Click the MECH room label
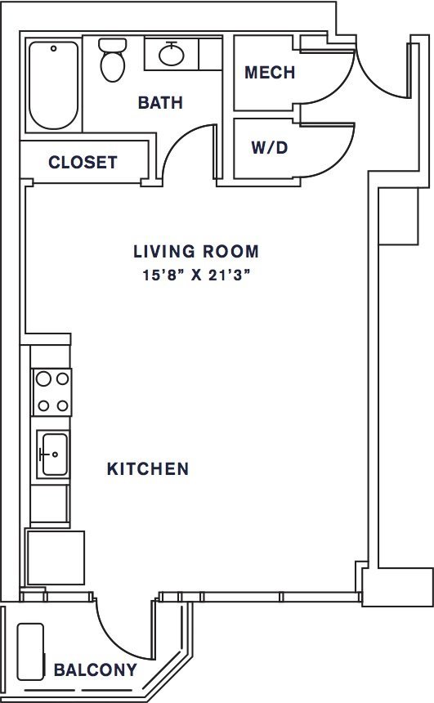[x=270, y=72]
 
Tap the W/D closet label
[x=270, y=147]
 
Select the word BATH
[x=160, y=103]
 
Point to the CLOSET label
[x=83, y=162]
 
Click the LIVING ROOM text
[x=196, y=251]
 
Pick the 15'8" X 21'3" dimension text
[x=196, y=275]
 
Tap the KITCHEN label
[x=148, y=469]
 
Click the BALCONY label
[x=96, y=669]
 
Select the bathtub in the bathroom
[x=53, y=85]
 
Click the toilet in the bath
[x=112, y=60]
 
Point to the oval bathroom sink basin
[x=172, y=55]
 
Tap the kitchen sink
[x=53, y=454]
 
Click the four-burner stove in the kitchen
[x=51, y=392]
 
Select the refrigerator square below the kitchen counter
[x=56, y=557]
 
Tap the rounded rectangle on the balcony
[x=30, y=652]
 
